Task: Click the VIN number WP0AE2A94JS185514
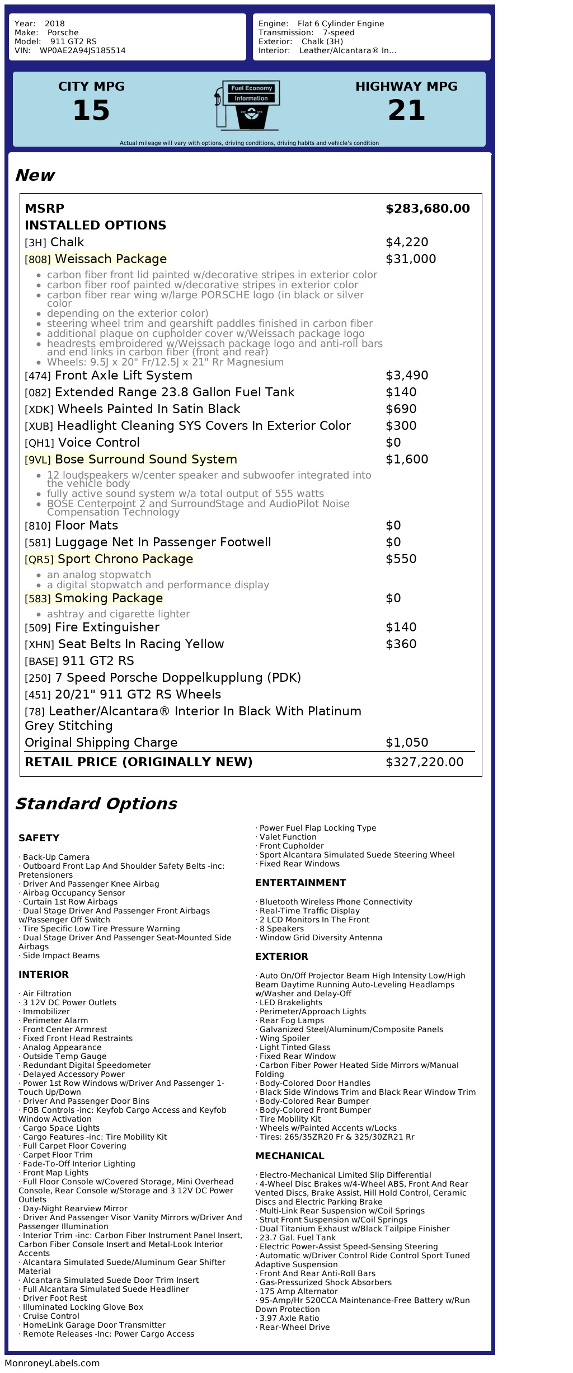click(82, 50)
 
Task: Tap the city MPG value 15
click(91, 110)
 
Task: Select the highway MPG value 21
click(406, 110)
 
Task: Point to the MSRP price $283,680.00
click(428, 209)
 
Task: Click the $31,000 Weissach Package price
click(411, 259)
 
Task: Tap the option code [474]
click(37, 376)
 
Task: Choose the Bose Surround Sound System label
click(145, 460)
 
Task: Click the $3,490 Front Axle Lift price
click(407, 376)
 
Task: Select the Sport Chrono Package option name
click(125, 559)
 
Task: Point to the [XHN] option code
click(39, 645)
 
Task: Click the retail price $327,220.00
click(424, 762)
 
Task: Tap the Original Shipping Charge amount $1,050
click(407, 743)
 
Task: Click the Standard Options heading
click(96, 804)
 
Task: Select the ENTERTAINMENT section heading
click(300, 883)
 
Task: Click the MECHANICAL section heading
click(289, 1156)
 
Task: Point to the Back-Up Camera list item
click(56, 857)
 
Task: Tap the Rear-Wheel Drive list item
click(294, 1327)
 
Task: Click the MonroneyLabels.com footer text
click(52, 1363)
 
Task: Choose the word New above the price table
click(35, 175)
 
